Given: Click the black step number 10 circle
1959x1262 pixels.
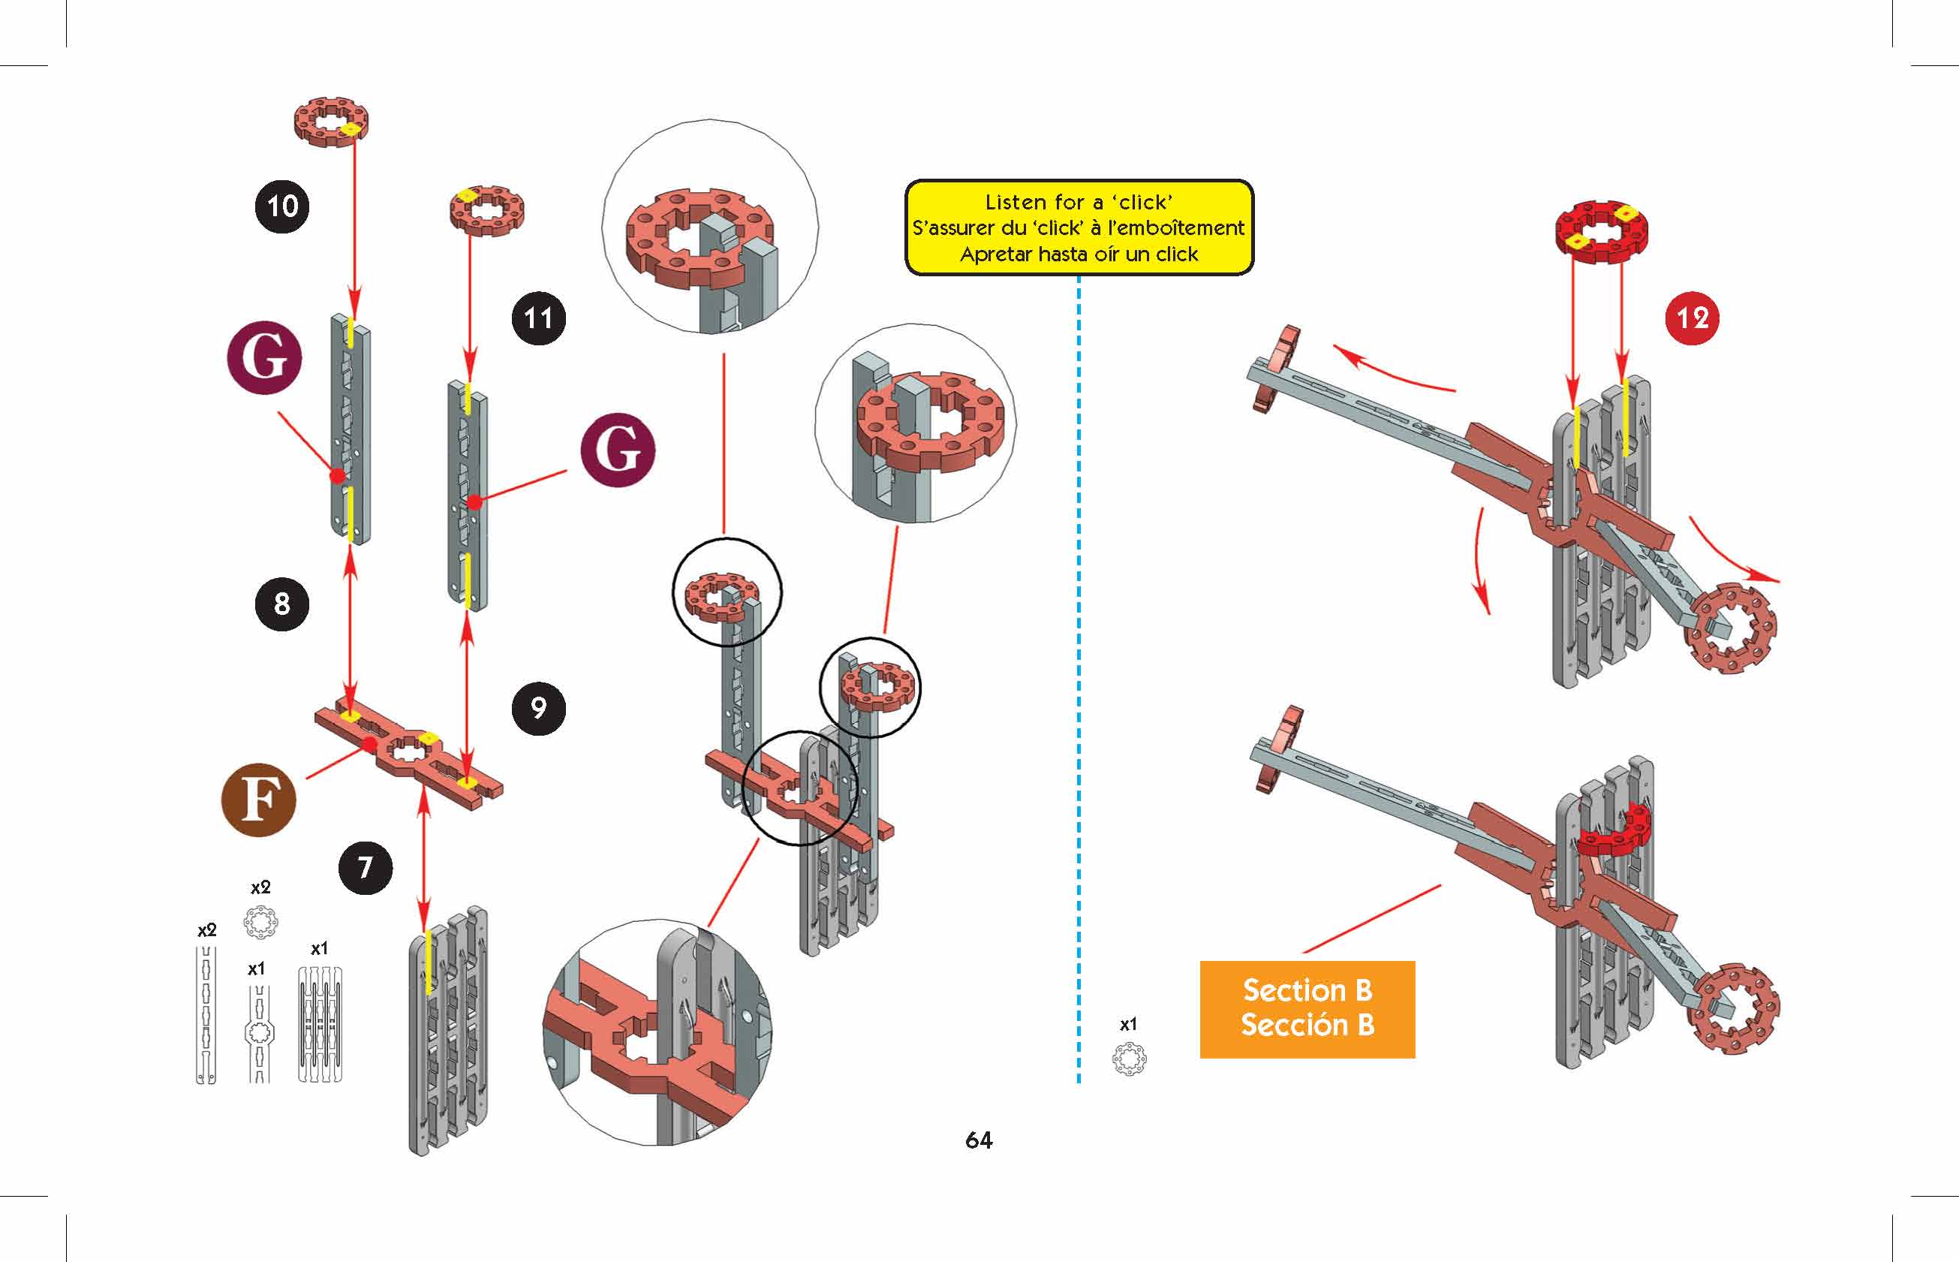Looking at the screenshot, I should [282, 206].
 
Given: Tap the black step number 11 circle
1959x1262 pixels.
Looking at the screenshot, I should [538, 318].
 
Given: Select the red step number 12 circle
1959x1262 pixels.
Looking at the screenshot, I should [1693, 318].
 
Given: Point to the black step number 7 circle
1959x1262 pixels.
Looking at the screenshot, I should [366, 867].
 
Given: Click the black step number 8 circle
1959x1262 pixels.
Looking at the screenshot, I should [282, 604].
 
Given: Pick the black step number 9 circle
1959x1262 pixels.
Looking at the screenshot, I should [538, 708].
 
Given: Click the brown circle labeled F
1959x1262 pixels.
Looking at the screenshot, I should [259, 799].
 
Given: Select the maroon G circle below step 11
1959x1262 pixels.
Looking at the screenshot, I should [618, 450].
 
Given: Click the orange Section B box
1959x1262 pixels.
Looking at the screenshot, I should [1307, 1009].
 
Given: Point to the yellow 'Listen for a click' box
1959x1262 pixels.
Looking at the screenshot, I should [1079, 227].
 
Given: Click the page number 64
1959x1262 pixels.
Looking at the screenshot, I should [979, 1140].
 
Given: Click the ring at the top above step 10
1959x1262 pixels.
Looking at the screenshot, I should [331, 122].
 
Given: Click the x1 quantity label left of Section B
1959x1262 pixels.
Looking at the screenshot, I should [1128, 1024].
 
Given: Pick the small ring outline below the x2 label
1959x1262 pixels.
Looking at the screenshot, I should [260, 923].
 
